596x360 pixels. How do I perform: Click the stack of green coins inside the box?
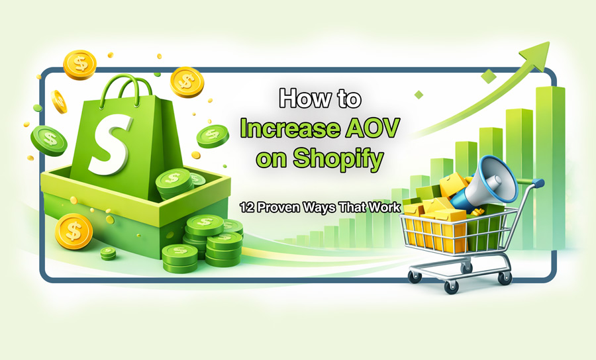174,185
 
